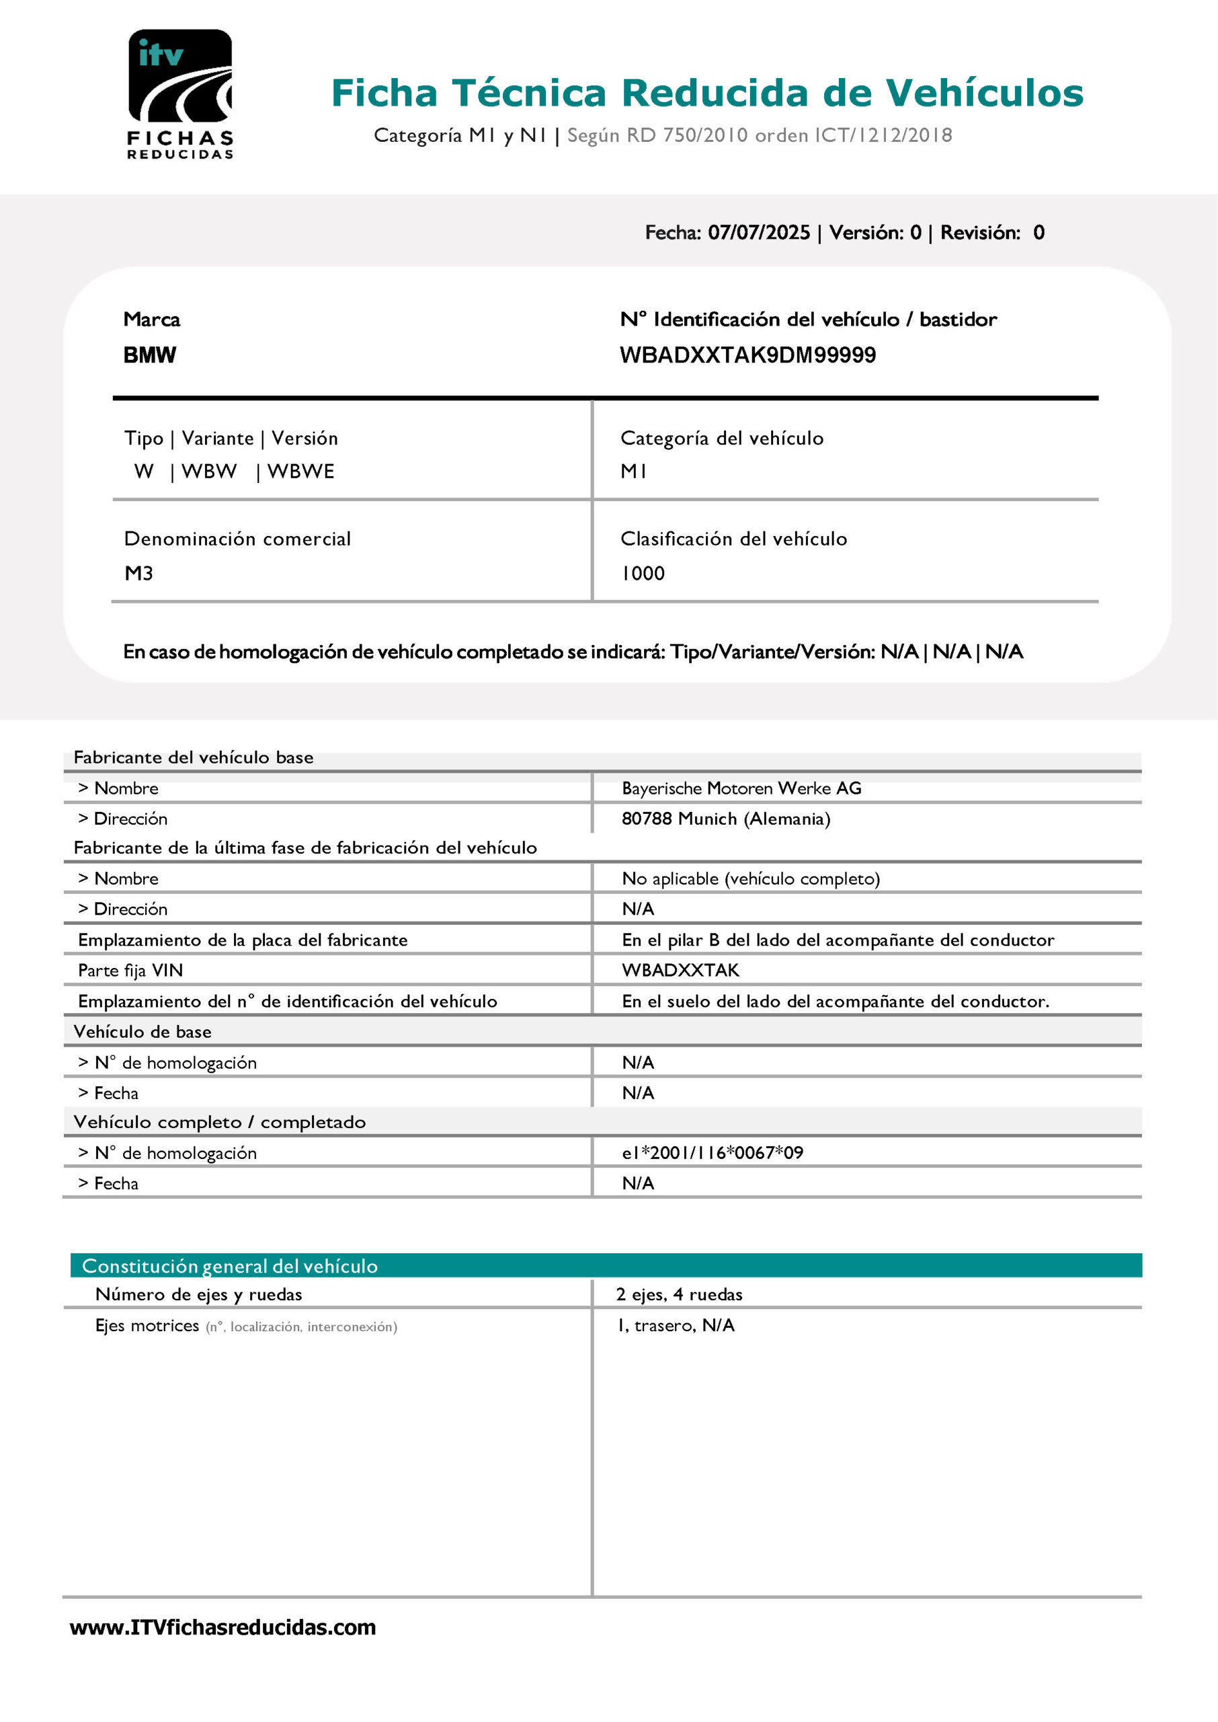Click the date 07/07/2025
coord(758,233)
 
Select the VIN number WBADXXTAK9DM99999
coord(747,355)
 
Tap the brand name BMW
coord(149,355)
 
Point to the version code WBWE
coord(300,472)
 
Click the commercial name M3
coord(138,573)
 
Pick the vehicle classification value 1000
coord(643,573)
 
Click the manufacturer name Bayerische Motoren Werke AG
coord(741,788)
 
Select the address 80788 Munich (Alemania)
coord(725,819)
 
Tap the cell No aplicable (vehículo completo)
coord(750,878)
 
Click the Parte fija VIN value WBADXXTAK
coord(680,970)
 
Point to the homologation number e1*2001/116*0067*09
coord(712,1152)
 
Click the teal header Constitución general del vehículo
coord(229,1266)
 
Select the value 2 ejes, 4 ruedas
coord(679,1294)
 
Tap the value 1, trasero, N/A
coord(676,1325)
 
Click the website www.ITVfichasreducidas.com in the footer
coord(222,1627)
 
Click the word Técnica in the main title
coord(529,93)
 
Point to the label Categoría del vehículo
coord(721,438)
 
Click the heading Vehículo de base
coord(143,1032)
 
